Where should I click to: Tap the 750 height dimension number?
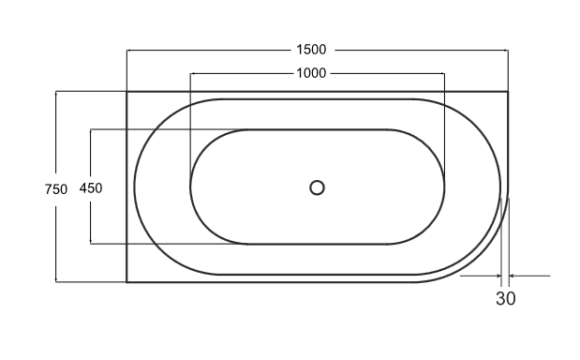(56, 188)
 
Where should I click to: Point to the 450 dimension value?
(91, 187)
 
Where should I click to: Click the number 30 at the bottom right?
(505, 299)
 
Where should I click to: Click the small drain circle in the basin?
(317, 187)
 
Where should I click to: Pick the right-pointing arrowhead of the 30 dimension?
(498, 276)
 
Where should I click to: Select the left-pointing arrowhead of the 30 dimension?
(513, 276)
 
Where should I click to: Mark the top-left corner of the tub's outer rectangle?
(126, 92)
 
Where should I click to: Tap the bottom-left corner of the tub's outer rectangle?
(126, 282)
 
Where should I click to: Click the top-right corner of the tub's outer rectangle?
(508, 92)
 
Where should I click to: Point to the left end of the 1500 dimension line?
(126, 50)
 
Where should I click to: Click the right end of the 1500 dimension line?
(508, 50)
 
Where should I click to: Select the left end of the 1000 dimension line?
(190, 73)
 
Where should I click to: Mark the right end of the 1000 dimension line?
(444, 73)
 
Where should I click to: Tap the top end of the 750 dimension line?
(56, 92)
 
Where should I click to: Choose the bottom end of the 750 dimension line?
(56, 281)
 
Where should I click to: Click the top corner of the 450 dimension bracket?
(91, 129)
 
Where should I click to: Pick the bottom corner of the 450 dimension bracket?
(91, 244)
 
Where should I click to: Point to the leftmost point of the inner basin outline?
(190, 187)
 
